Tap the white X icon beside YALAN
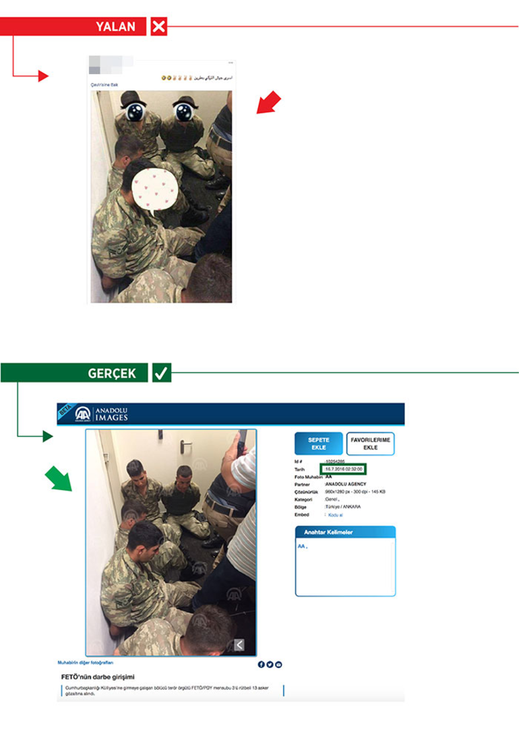[159, 27]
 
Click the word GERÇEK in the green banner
[111, 373]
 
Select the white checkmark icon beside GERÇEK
[161, 373]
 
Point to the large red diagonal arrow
[268, 104]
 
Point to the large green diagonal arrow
[57, 478]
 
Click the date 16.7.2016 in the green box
[345, 468]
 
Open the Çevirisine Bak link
[105, 86]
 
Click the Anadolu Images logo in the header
[101, 414]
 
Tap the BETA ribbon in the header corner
[65, 412]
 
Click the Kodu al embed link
[335, 514]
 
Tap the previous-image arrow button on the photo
[239, 645]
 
